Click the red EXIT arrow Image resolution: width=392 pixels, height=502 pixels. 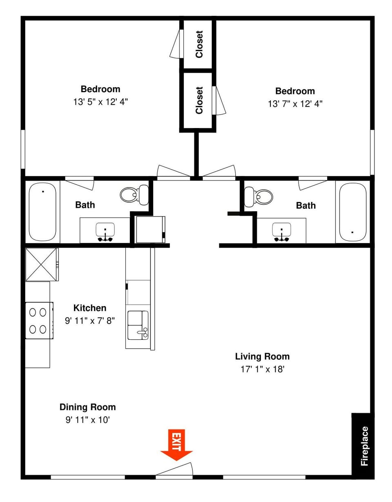176,446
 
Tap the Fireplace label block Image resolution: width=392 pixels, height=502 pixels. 363,446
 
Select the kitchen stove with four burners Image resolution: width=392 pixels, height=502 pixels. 39,321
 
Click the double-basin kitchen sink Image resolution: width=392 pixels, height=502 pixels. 138,325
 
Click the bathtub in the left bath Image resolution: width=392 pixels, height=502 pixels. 42,212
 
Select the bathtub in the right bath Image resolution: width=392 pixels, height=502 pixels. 352,212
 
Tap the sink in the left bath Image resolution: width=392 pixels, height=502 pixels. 105,232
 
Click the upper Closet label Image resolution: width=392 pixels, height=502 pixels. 199,44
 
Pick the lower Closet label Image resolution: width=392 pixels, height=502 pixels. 199,100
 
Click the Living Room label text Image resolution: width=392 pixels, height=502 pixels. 262,356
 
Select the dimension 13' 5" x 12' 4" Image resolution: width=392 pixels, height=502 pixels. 100,102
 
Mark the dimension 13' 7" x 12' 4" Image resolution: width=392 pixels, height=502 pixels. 295,104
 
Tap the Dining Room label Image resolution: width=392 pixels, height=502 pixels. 87,407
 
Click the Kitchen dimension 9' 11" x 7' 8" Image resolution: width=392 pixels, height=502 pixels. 90,321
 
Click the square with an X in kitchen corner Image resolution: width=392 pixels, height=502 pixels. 41,264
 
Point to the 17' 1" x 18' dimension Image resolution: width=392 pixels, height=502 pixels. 262,369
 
